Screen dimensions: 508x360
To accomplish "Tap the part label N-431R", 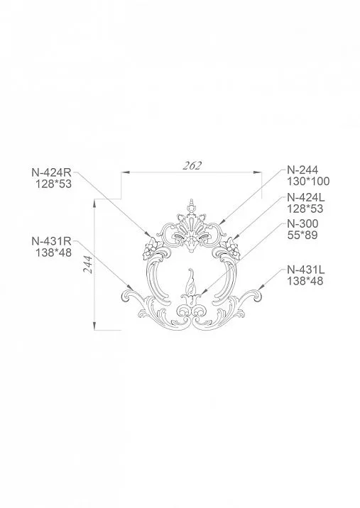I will coord(50,241).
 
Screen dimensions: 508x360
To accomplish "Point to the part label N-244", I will coord(301,170).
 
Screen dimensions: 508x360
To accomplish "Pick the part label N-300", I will coord(301,224).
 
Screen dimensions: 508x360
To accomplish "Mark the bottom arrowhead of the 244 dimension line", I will coord(94,327).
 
